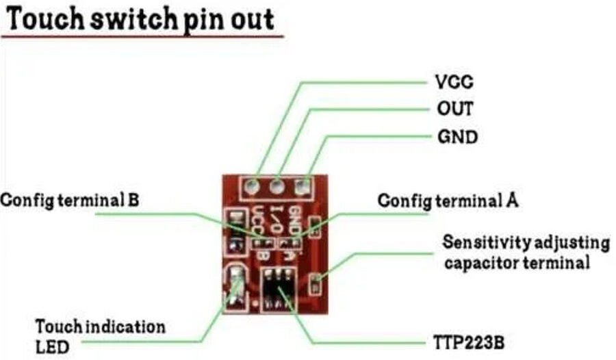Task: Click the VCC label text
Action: [x=454, y=82]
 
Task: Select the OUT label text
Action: [x=454, y=109]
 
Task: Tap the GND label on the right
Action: [x=457, y=137]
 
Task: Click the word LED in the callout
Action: [x=53, y=347]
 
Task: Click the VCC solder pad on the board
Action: [x=252, y=185]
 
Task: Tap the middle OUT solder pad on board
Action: [x=277, y=185]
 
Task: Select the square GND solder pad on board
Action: [x=301, y=185]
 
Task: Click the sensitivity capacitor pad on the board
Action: [x=315, y=281]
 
